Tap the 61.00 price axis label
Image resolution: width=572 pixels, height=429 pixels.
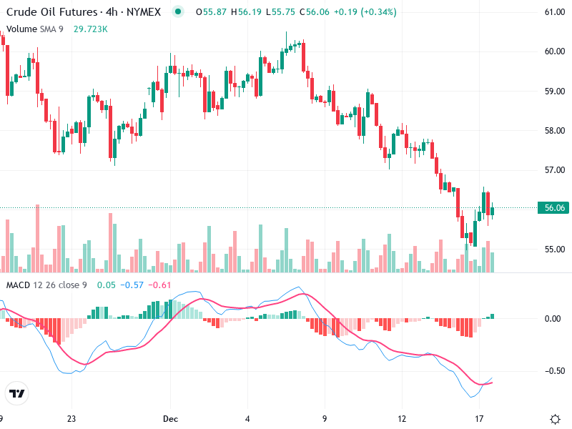tap(555, 12)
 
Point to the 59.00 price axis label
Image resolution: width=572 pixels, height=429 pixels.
tap(555, 91)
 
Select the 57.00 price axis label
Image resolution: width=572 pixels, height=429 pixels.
tap(555, 170)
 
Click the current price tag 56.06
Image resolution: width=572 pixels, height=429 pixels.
tap(555, 208)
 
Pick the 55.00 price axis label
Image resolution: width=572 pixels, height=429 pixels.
tap(555, 250)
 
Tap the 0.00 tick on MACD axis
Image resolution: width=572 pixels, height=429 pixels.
tap(553, 318)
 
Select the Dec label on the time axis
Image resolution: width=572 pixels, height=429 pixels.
tap(169, 418)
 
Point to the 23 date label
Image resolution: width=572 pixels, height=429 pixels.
tap(71, 418)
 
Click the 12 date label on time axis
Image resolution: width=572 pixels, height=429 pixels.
tap(402, 418)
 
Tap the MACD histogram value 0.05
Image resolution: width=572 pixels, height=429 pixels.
tap(107, 285)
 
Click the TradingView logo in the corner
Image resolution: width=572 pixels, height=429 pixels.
tap(16, 394)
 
